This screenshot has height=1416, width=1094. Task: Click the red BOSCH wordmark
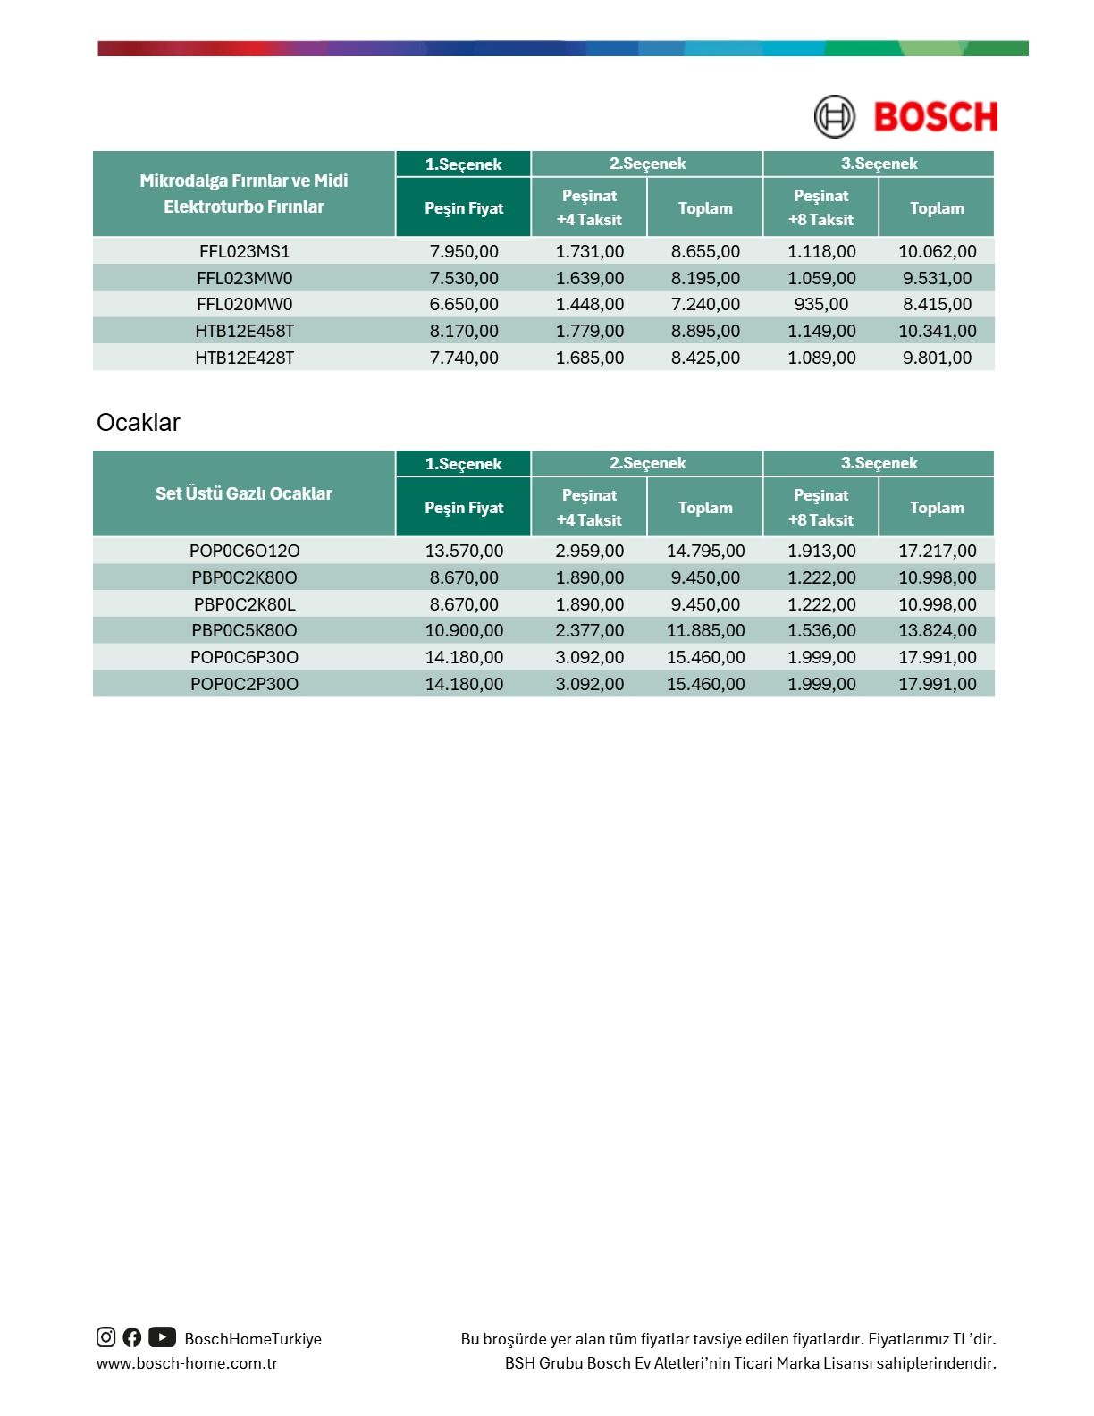935,117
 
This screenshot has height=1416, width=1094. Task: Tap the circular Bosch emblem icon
834,117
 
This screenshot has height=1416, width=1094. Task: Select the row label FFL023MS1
244,251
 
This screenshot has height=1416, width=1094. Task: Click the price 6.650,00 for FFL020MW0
464,304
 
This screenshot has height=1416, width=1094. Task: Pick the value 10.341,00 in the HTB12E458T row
937,331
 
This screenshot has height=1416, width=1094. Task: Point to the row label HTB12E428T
244,358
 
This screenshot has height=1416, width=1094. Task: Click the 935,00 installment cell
821,304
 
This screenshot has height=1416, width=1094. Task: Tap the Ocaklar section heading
139,423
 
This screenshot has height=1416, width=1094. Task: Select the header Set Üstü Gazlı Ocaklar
244,493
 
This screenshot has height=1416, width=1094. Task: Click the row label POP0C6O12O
244,551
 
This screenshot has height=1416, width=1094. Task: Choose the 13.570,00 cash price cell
464,551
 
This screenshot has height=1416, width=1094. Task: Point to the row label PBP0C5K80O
244,630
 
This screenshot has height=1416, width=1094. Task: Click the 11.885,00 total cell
705,630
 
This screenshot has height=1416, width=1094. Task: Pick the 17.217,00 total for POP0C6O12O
937,551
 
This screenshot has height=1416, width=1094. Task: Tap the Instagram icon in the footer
106,1337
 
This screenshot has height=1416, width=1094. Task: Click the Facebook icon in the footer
132,1337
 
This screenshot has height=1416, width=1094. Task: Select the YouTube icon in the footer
162,1337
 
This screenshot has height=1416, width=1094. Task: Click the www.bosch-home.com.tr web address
187,1363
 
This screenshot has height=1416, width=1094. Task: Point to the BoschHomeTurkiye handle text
253,1339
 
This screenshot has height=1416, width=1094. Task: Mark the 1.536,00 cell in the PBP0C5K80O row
821,630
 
